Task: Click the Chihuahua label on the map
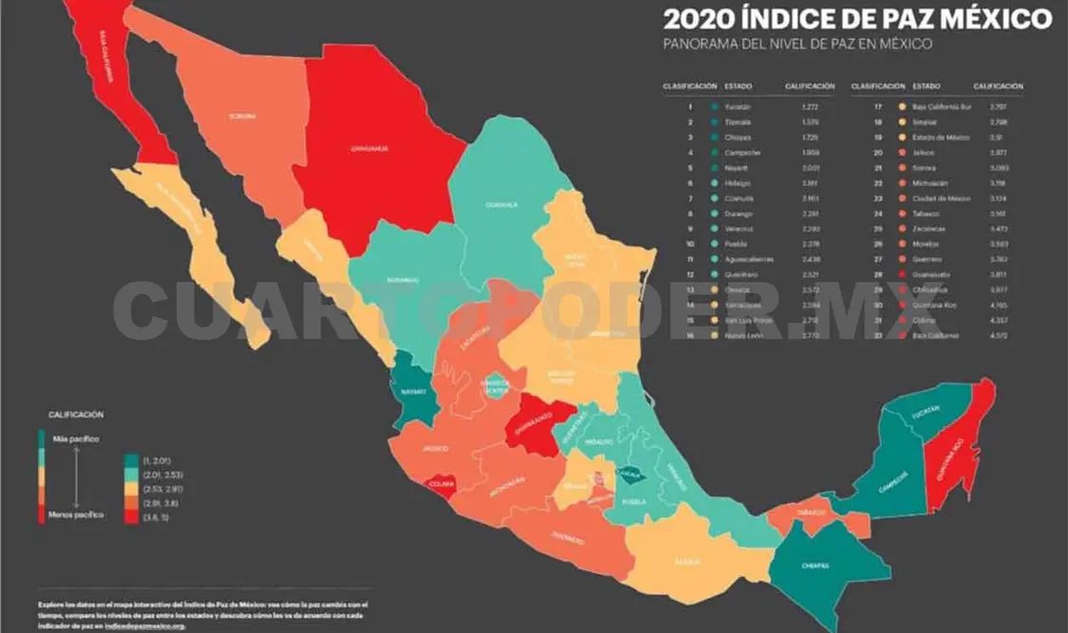coord(368,148)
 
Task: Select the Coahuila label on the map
coord(500,204)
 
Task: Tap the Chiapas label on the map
coord(815,566)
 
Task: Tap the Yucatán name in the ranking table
coord(738,107)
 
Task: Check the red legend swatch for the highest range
coord(131,517)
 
